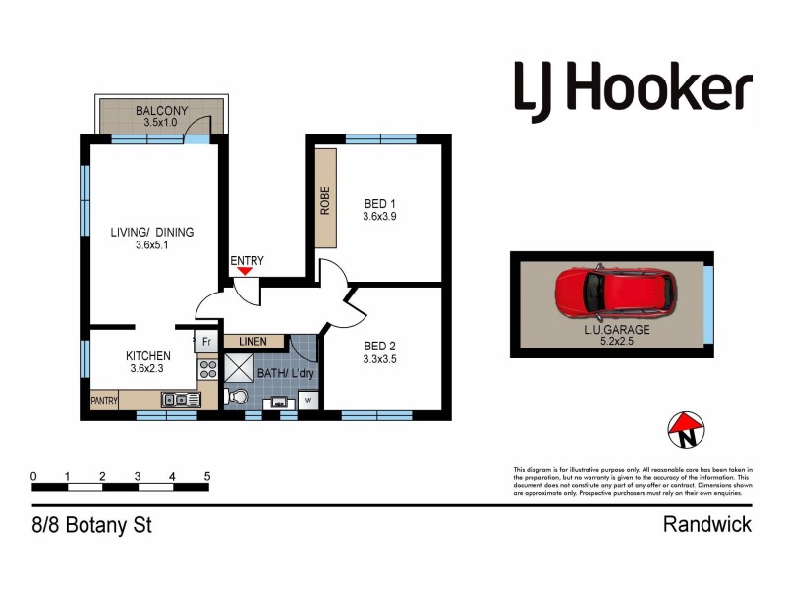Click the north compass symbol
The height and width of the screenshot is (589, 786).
click(687, 427)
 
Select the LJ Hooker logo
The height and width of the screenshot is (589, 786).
click(633, 87)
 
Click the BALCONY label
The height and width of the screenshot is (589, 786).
click(161, 112)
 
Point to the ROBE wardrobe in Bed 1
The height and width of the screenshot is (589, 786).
click(325, 200)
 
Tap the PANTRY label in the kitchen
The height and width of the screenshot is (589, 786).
click(104, 401)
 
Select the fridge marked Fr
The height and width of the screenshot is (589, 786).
click(206, 342)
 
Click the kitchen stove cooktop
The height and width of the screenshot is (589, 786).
click(207, 370)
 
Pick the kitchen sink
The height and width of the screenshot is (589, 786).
click(182, 400)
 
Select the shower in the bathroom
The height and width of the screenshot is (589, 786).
click(239, 367)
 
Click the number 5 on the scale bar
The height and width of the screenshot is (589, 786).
click(207, 476)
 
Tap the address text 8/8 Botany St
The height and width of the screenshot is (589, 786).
click(90, 525)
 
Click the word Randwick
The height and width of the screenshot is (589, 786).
click(707, 525)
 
